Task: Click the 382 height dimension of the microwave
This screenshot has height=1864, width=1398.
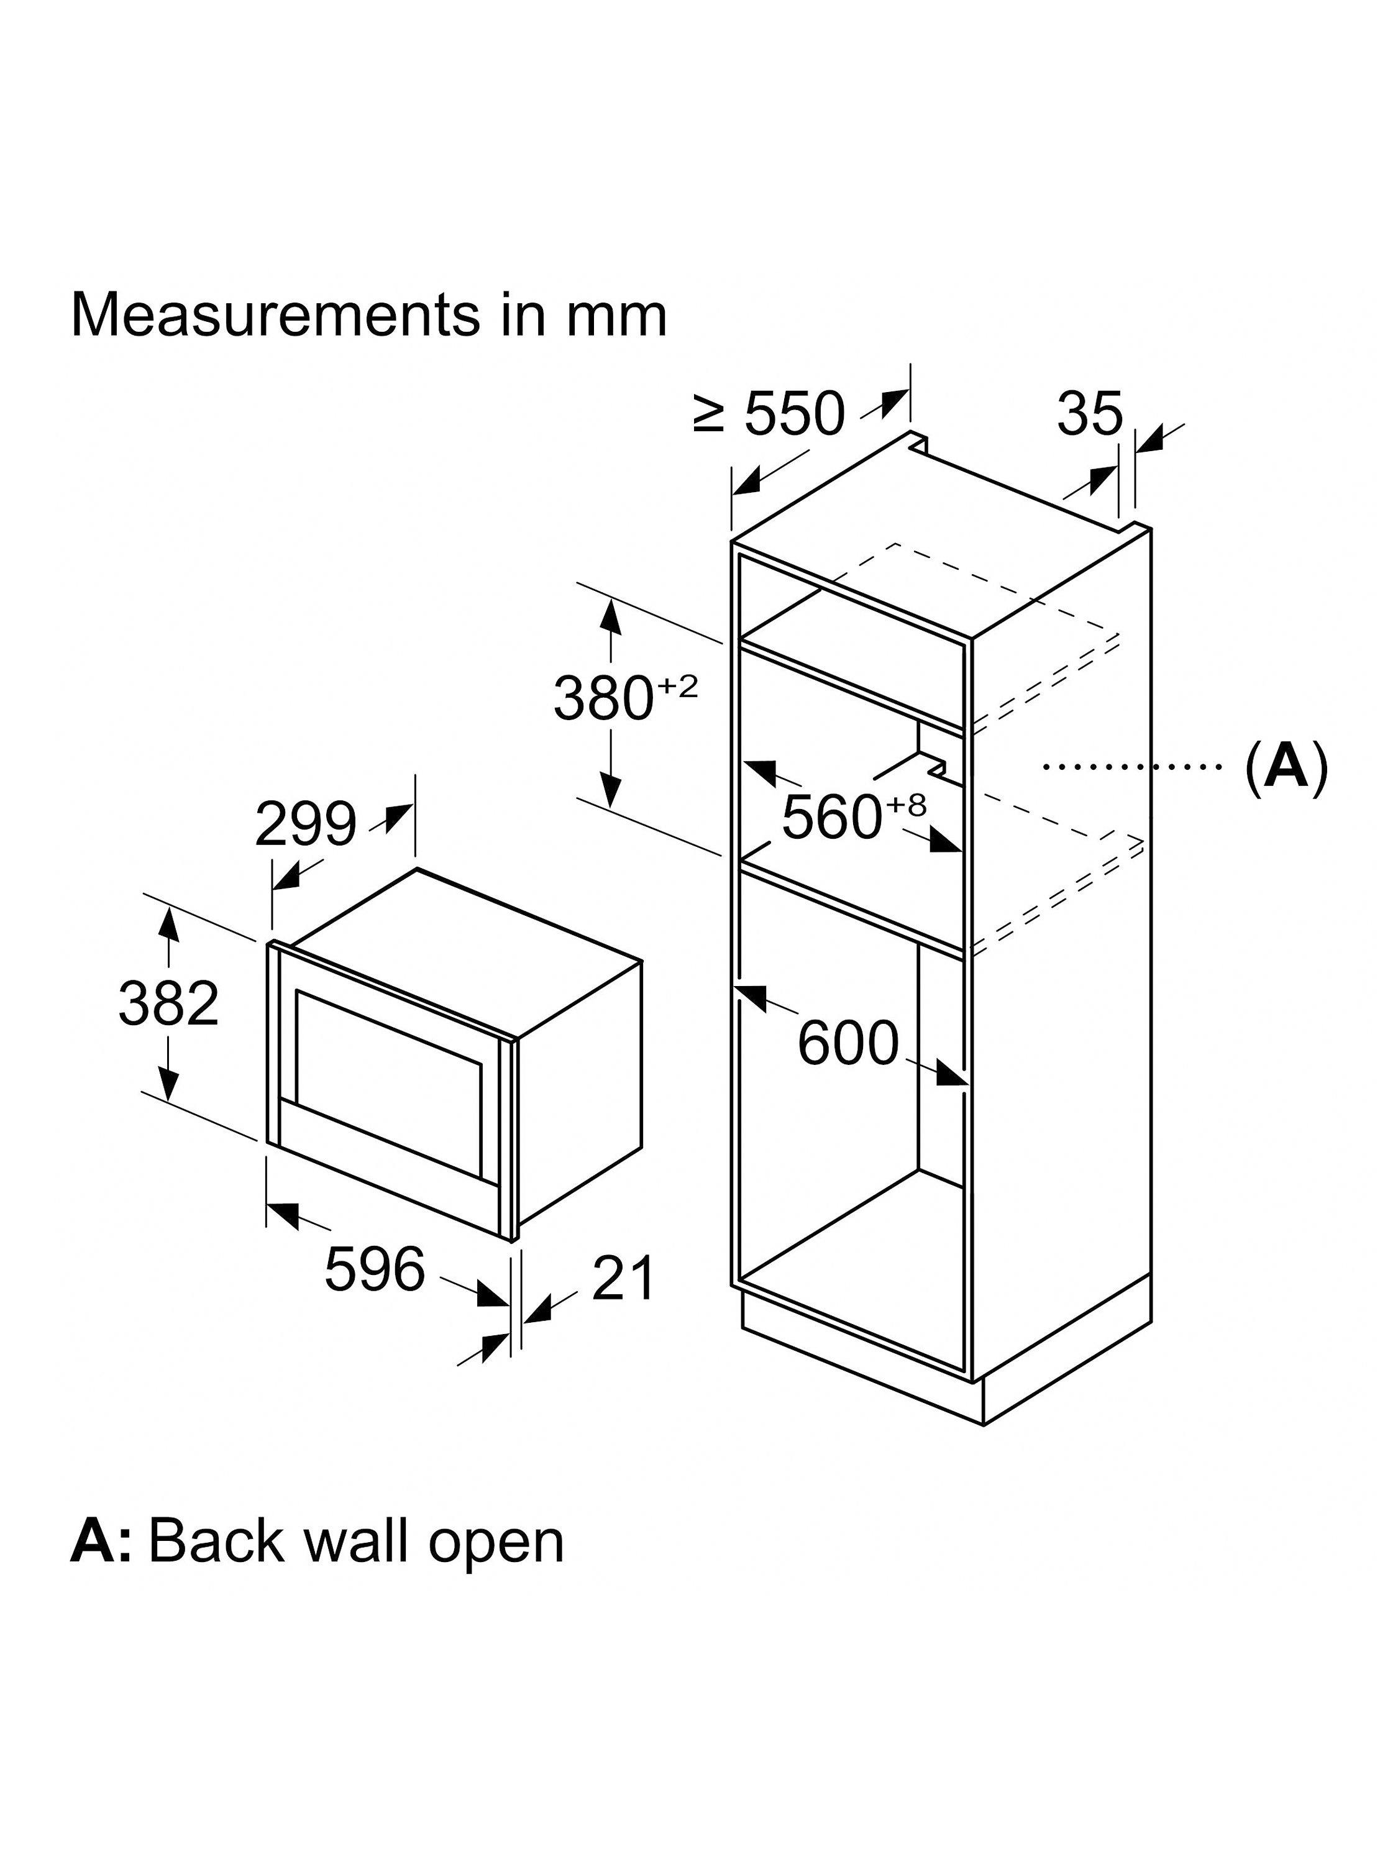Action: pyautogui.click(x=168, y=1003)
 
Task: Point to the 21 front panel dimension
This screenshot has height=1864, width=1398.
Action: pyautogui.click(x=623, y=1278)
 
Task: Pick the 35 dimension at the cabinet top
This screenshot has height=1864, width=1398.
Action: pyautogui.click(x=1090, y=414)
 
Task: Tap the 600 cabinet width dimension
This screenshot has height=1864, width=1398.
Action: pyautogui.click(x=847, y=1043)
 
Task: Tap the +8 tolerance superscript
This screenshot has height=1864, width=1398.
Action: pyautogui.click(x=906, y=805)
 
